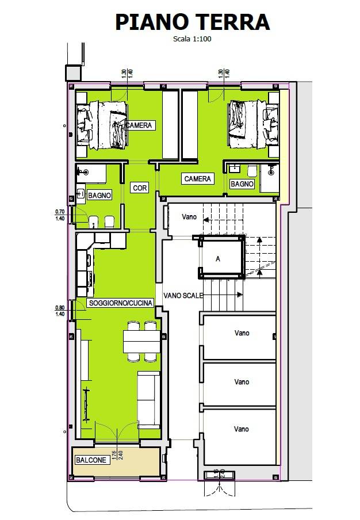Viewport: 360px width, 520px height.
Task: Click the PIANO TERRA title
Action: click(x=192, y=22)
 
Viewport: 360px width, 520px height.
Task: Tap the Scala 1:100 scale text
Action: click(x=192, y=39)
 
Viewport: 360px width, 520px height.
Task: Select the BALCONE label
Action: click(x=91, y=460)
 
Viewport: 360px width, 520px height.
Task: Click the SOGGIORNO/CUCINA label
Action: click(x=120, y=303)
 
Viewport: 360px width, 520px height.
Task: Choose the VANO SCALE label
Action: click(x=183, y=295)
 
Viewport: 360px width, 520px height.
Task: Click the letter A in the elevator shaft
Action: click(x=218, y=259)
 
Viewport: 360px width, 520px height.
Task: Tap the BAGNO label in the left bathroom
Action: click(x=99, y=196)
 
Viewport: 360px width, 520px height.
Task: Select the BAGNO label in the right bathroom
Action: click(x=242, y=184)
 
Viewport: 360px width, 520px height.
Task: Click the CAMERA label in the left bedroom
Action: click(x=140, y=125)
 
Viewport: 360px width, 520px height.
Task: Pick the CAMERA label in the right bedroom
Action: click(x=198, y=179)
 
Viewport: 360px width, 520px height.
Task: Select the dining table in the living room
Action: click(x=141, y=342)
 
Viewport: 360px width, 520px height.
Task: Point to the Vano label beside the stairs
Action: click(x=190, y=217)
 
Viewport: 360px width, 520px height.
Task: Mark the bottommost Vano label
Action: click(x=242, y=429)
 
